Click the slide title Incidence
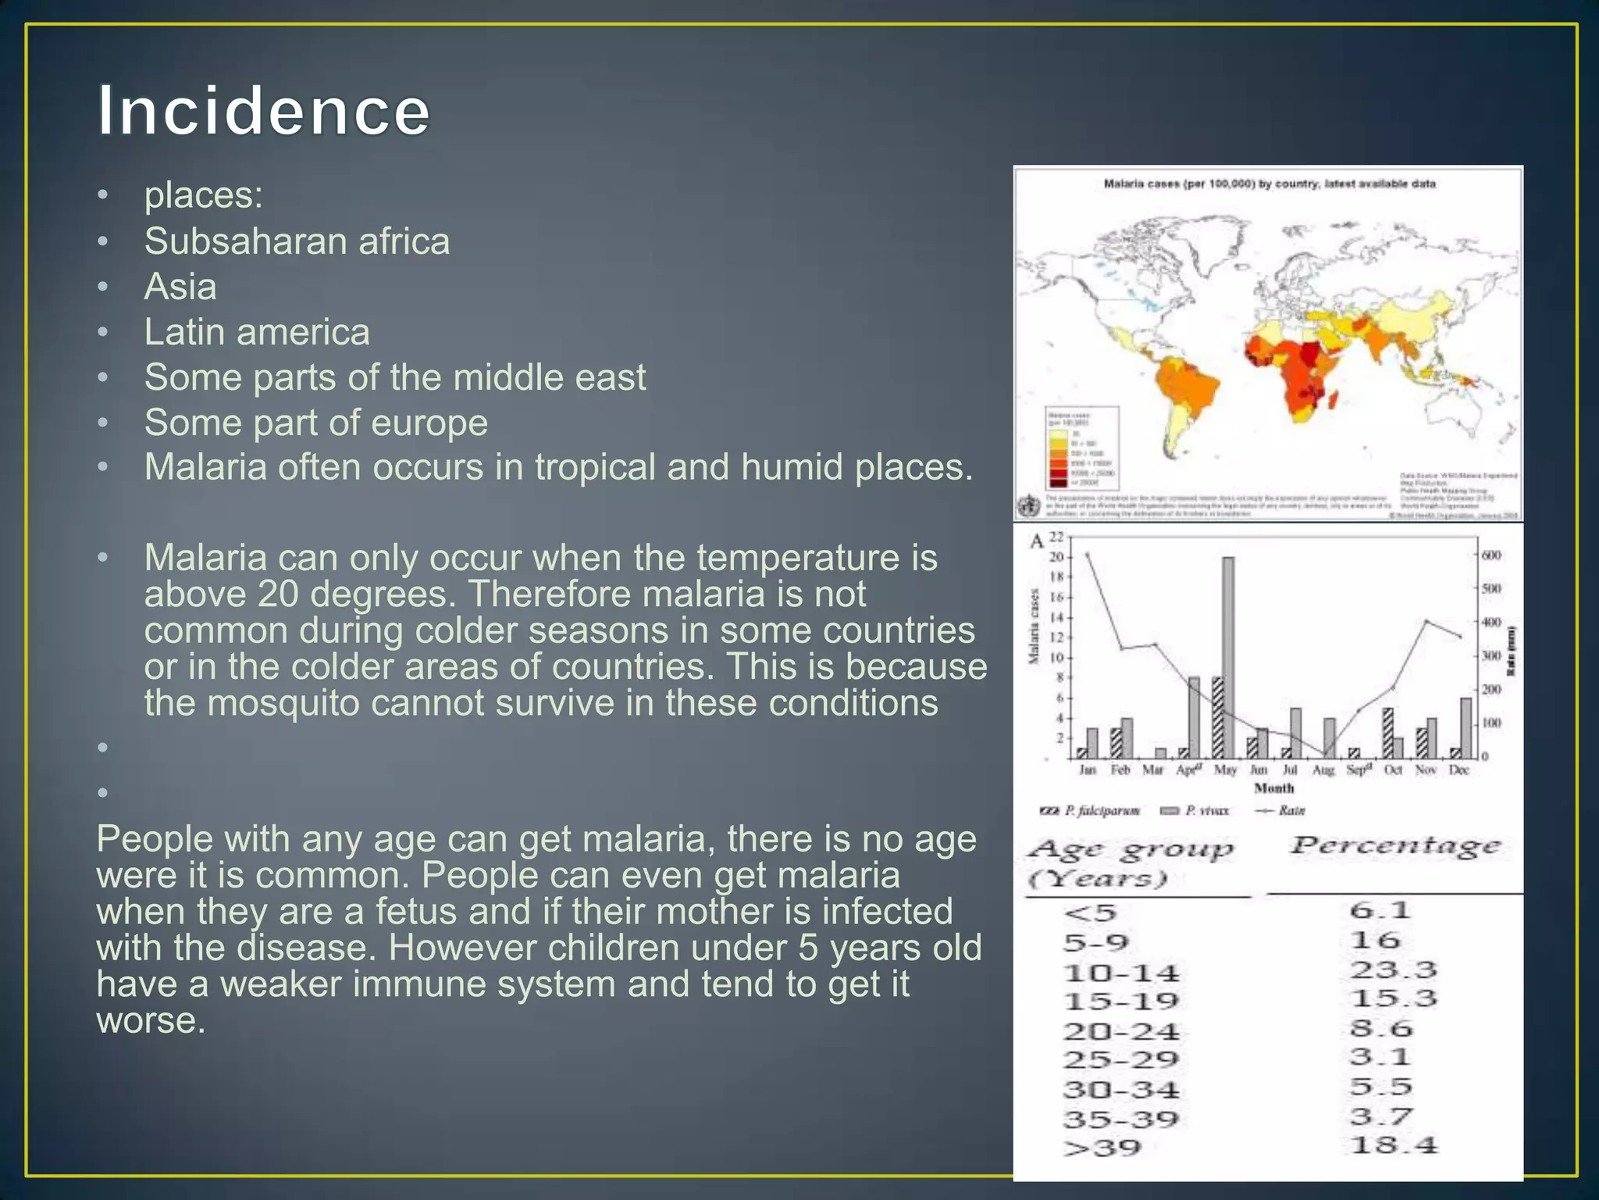pyautogui.click(x=263, y=111)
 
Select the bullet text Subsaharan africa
pyautogui.click(x=297, y=241)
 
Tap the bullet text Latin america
pyautogui.click(x=257, y=332)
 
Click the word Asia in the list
pyautogui.click(x=180, y=286)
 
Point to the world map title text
pyautogui.click(x=1270, y=184)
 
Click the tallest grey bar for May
pyautogui.click(x=1228, y=656)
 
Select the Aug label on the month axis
pyautogui.click(x=1323, y=770)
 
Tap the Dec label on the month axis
pyautogui.click(x=1458, y=770)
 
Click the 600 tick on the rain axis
pyautogui.click(x=1491, y=555)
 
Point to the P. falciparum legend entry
pyautogui.click(x=1092, y=811)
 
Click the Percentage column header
pyautogui.click(x=1395, y=845)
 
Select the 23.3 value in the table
pyautogui.click(x=1394, y=970)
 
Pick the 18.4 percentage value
pyautogui.click(x=1394, y=1146)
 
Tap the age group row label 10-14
pyautogui.click(x=1121, y=973)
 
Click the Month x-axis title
pyautogui.click(x=1273, y=788)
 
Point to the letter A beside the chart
pyautogui.click(x=1037, y=541)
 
